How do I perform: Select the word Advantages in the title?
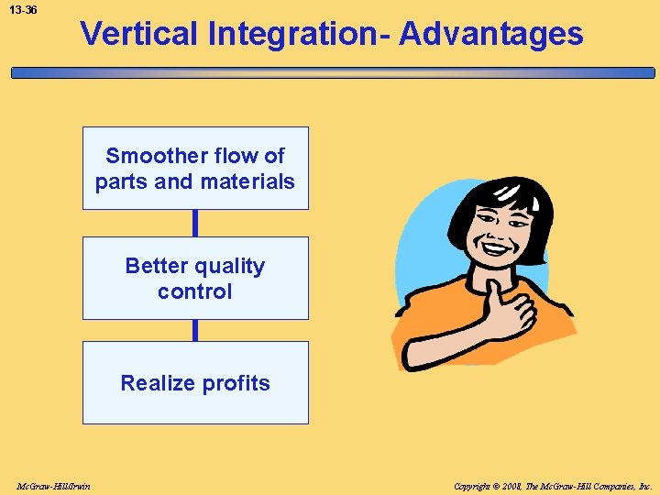[491, 34]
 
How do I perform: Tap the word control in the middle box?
[195, 291]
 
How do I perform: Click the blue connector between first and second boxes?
[195, 223]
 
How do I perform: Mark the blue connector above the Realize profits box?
[195, 330]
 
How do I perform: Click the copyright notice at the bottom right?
[553, 485]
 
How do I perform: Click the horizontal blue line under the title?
[330, 72]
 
